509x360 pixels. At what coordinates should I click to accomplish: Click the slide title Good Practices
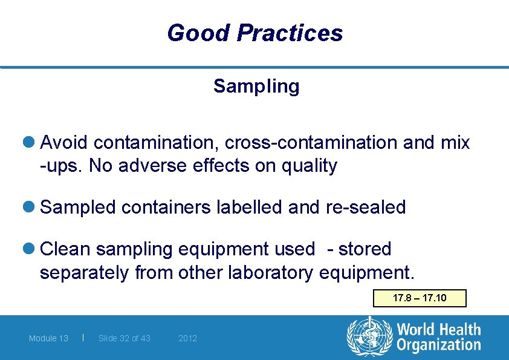point(254,33)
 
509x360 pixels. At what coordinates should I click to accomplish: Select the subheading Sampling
point(256,87)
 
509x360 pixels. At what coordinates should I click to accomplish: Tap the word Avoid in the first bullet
point(64,143)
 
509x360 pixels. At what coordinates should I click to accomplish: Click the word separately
point(84,273)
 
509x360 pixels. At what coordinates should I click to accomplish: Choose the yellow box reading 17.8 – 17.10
point(420,298)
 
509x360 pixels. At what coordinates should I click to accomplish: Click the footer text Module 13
point(48,338)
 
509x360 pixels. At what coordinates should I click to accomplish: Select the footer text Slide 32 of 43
point(124,338)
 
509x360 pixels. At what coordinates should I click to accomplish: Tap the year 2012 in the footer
point(187,338)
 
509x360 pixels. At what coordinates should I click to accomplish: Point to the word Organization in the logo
point(439,345)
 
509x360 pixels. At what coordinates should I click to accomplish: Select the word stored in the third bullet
point(365,249)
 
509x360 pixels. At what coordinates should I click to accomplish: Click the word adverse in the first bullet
point(142,166)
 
